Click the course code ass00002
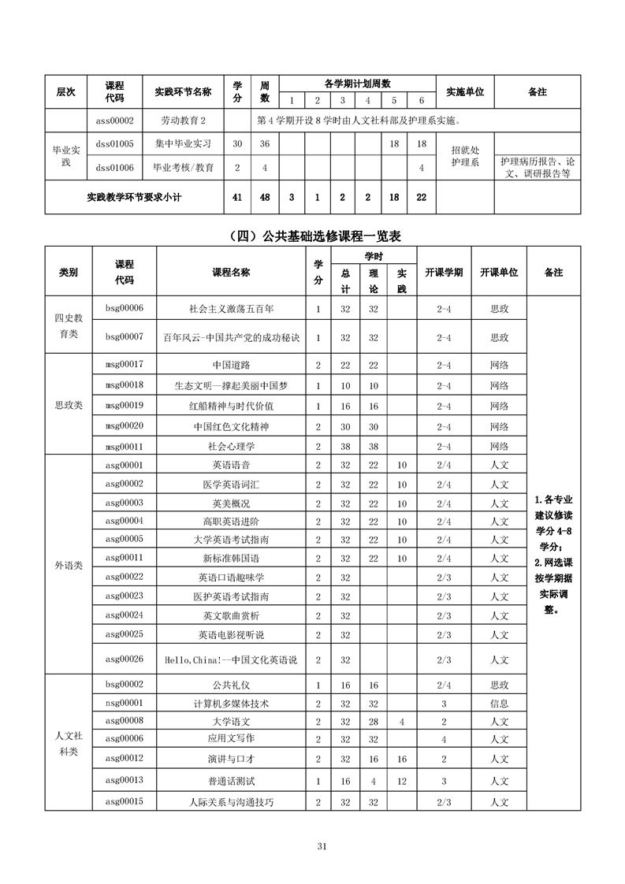click(x=114, y=121)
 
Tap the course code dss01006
click(x=114, y=167)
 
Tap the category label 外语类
click(x=69, y=565)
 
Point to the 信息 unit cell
click(x=499, y=704)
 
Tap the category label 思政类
click(x=69, y=405)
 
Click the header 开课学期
click(x=444, y=272)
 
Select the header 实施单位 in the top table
click(x=465, y=92)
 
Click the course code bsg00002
click(x=124, y=685)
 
